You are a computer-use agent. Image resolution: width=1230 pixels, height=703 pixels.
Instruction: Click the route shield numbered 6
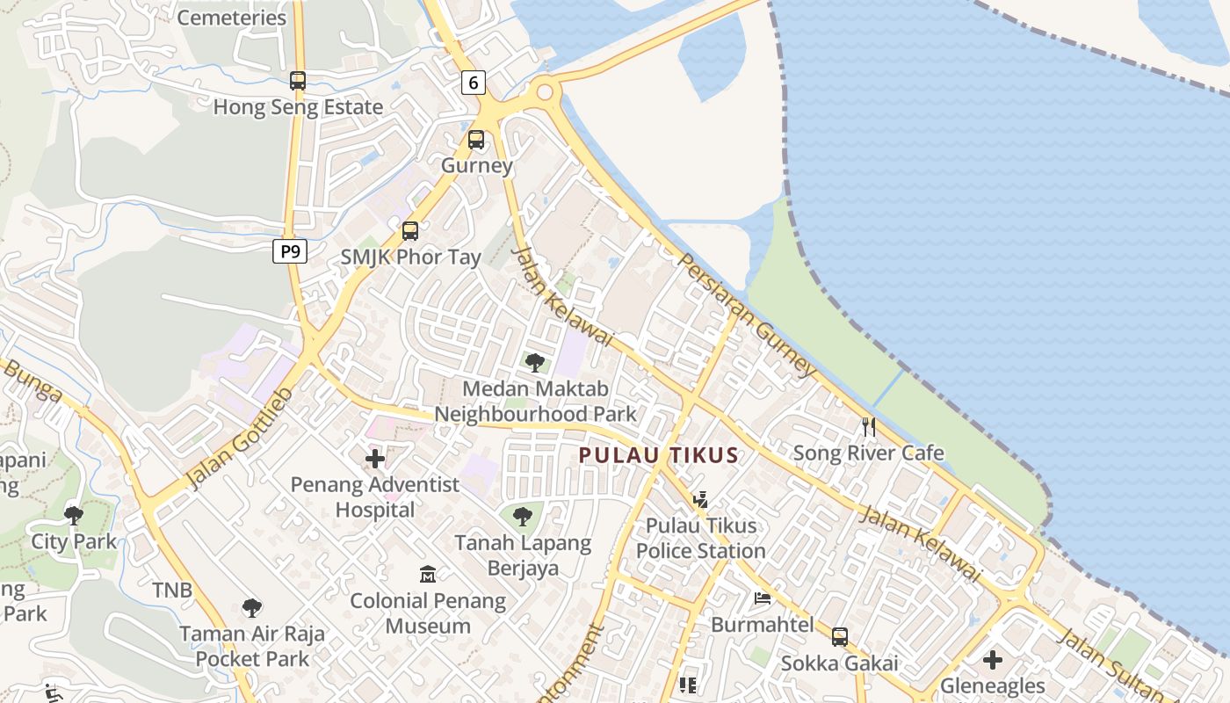tap(474, 83)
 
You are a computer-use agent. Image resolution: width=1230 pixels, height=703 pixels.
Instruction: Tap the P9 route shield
tap(289, 252)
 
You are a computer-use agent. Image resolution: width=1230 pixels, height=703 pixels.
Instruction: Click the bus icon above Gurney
tap(476, 139)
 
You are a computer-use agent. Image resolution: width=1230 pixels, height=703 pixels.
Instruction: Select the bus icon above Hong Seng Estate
tap(298, 81)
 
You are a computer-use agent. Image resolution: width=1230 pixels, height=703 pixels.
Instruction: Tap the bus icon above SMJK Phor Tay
tap(410, 231)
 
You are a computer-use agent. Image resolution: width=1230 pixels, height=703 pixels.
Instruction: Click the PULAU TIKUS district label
tap(658, 455)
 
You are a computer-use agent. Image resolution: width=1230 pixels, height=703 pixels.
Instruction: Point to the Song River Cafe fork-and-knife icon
tap(869, 427)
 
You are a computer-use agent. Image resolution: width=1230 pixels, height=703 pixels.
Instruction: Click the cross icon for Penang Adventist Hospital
tap(375, 458)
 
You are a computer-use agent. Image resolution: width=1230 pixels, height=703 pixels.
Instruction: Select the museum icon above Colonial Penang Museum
tap(428, 575)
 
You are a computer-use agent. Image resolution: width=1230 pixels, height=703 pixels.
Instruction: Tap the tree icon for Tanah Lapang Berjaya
tap(523, 516)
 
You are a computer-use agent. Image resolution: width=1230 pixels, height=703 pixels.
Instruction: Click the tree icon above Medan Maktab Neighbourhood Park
tap(534, 362)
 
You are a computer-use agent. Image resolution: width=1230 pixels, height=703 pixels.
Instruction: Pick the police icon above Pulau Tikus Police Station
tap(700, 500)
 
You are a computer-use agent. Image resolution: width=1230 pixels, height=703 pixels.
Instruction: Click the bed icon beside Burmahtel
tap(763, 598)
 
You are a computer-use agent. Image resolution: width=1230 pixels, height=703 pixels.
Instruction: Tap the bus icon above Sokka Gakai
tap(840, 636)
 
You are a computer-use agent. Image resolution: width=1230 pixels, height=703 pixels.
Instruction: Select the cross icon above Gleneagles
tap(993, 659)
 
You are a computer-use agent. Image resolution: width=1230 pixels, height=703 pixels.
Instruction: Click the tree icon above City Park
tap(74, 515)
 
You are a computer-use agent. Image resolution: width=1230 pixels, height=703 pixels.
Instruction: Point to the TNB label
tap(171, 590)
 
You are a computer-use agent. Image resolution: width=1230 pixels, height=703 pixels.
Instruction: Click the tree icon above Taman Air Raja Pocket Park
tap(252, 607)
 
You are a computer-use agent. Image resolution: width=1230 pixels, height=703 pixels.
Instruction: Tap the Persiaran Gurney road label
tap(748, 315)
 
